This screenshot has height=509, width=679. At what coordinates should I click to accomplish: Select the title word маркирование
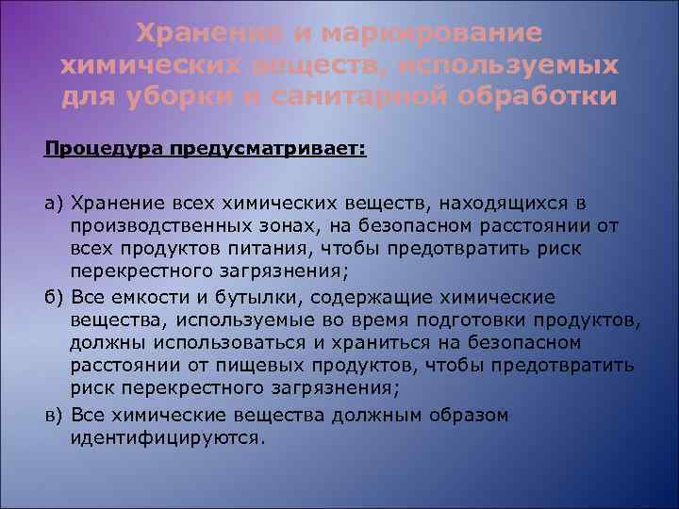pyautogui.click(x=431, y=34)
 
